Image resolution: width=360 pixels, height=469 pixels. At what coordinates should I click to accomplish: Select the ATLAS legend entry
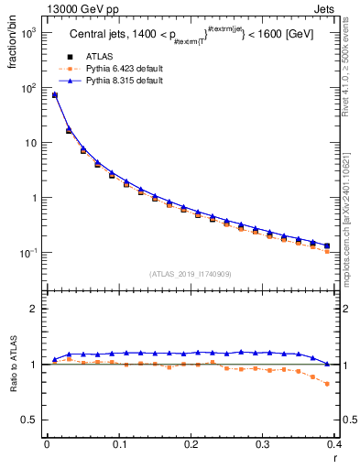97,57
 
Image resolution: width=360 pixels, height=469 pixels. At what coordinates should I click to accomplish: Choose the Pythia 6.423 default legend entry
123,69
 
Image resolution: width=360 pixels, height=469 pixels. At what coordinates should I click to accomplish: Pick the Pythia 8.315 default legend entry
123,81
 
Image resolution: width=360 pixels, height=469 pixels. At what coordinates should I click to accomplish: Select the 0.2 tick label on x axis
191,444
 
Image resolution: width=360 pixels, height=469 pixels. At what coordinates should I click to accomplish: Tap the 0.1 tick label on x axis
119,444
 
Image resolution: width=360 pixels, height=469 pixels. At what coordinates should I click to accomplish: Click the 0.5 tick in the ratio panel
32,420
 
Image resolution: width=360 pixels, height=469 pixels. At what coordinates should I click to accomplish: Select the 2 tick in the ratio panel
37,310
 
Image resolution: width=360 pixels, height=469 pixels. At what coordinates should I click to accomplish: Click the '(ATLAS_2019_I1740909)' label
190,274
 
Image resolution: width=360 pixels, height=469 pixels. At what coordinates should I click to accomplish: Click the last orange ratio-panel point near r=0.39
327,384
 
